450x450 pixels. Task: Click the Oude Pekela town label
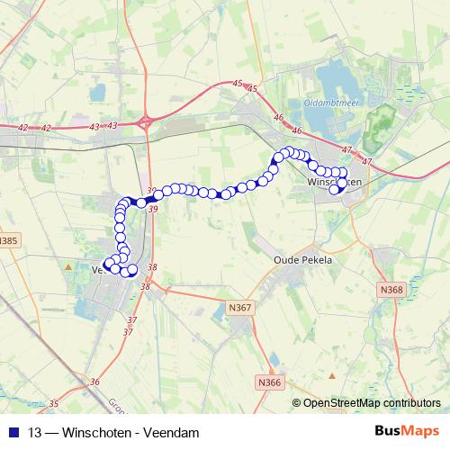pos(302,259)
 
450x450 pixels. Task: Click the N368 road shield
pos(391,289)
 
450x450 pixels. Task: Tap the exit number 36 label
pos(95,382)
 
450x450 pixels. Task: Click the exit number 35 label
pos(54,403)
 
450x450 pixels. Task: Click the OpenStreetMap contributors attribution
pos(371,404)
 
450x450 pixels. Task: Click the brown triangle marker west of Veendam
pos(68,266)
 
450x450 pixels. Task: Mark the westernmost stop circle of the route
pos(108,265)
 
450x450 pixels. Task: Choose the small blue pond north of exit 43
pos(98,91)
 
